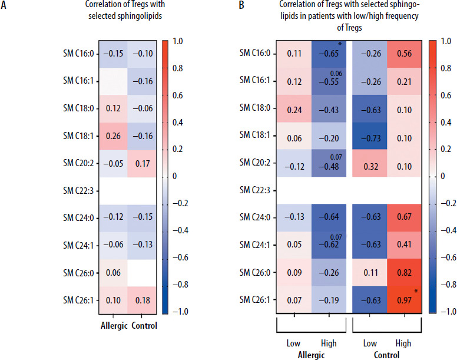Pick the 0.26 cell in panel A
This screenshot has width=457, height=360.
[x=115, y=136]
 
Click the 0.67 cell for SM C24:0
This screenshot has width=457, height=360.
[x=405, y=216]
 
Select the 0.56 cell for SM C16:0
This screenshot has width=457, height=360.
[x=405, y=53]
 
